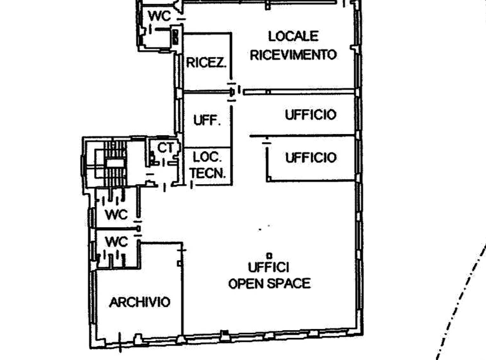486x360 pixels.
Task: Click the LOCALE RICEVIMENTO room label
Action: pyautogui.click(x=293, y=46)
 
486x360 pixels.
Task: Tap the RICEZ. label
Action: pyautogui.click(x=206, y=63)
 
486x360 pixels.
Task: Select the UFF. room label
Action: pyautogui.click(x=207, y=120)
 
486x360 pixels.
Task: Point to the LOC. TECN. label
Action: pyautogui.click(x=207, y=165)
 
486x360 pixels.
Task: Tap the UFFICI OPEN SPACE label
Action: pyautogui.click(x=269, y=276)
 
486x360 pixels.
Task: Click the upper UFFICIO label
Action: pyautogui.click(x=311, y=115)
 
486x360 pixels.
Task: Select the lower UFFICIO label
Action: pyautogui.click(x=311, y=157)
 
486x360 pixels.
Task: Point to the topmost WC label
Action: pyautogui.click(x=159, y=16)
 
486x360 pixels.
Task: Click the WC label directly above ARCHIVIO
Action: pyautogui.click(x=116, y=242)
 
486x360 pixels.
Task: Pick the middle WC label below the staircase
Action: pyautogui.click(x=116, y=214)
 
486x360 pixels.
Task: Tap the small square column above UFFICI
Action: pyautogui.click(x=269, y=256)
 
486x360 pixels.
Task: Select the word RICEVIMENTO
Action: pyautogui.click(x=293, y=55)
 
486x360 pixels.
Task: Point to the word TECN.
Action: pyautogui.click(x=208, y=173)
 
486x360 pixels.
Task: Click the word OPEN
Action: pyautogui.click(x=246, y=283)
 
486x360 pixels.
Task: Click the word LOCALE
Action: pyautogui.click(x=293, y=37)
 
